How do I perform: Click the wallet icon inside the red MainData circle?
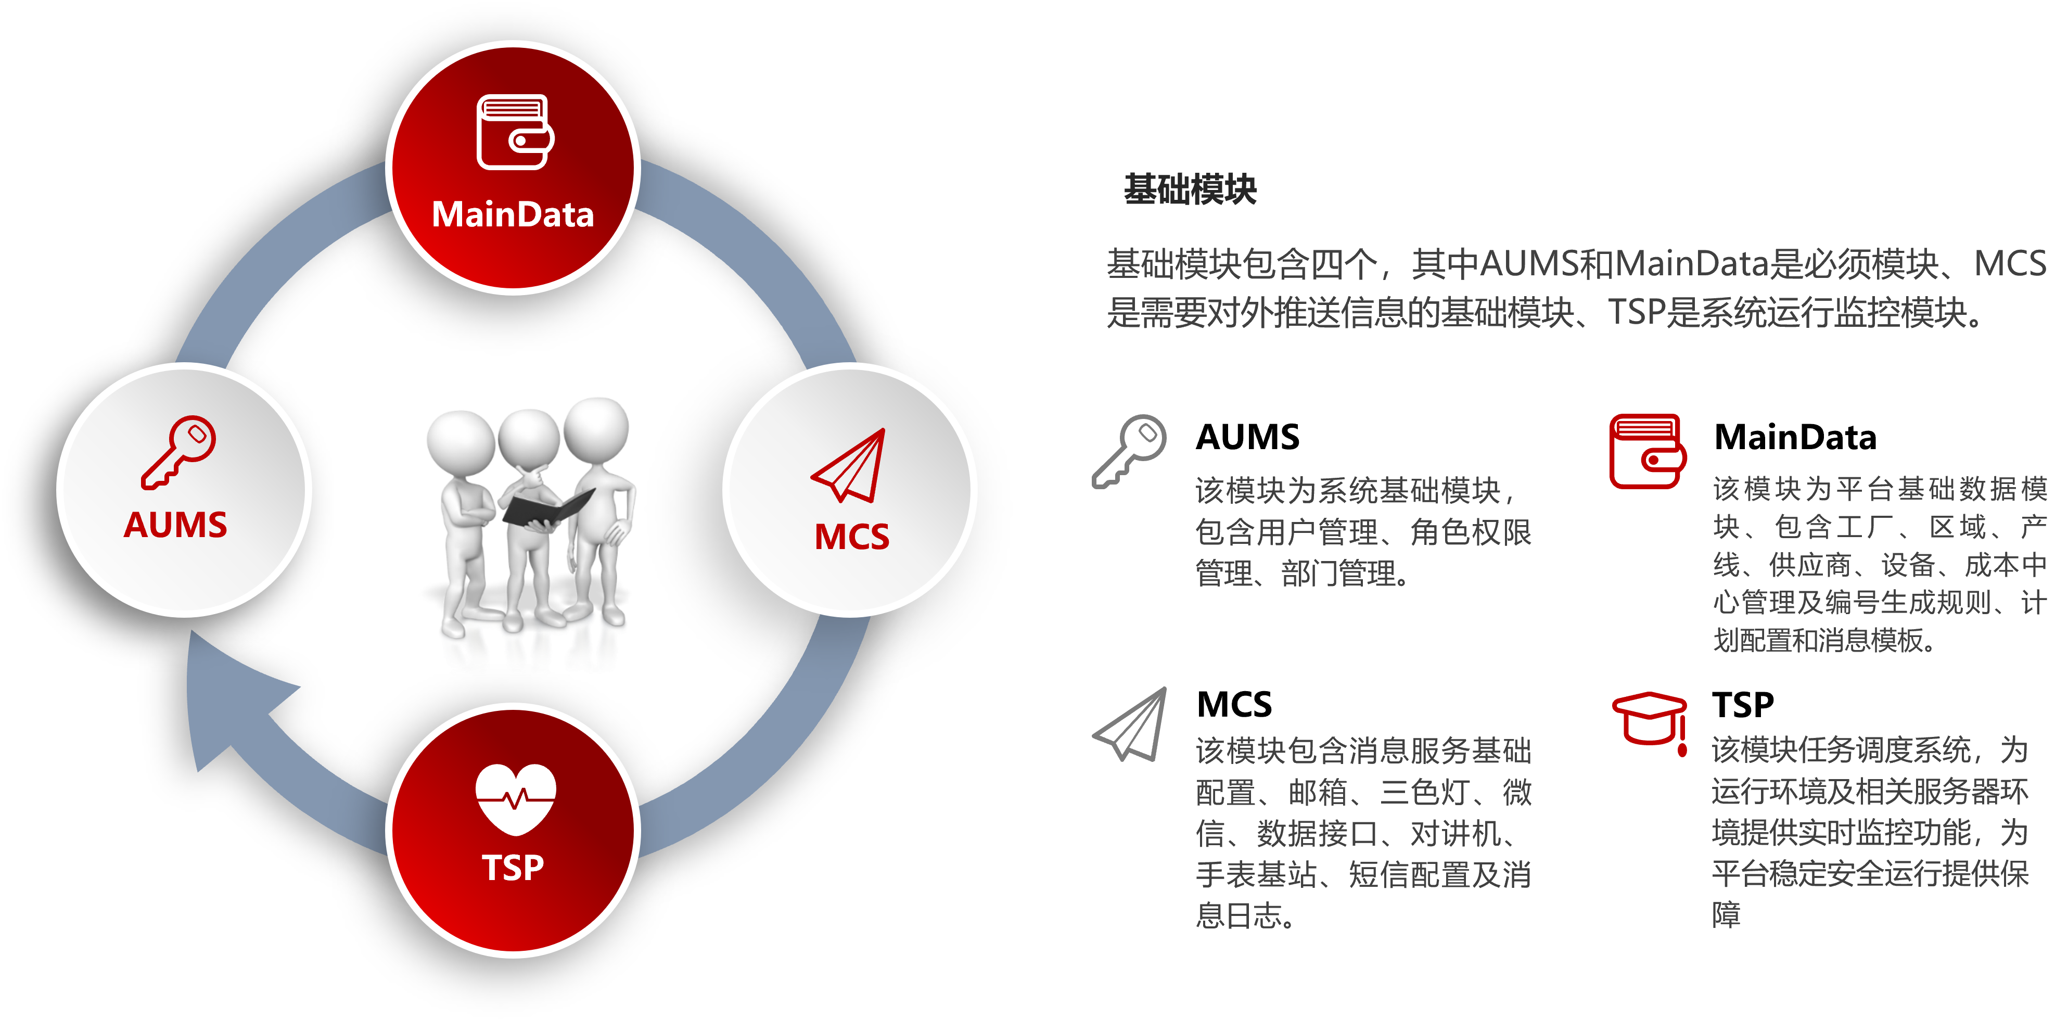point(515,133)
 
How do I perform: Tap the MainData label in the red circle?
point(513,214)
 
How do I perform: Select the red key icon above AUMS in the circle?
point(178,452)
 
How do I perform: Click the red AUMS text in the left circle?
point(176,525)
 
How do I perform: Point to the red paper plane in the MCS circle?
point(849,466)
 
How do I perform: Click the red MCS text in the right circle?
point(852,537)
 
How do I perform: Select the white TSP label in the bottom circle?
point(513,867)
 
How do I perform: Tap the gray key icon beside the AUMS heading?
point(1129,451)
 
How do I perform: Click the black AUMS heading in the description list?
point(1247,437)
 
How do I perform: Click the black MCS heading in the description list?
point(1234,704)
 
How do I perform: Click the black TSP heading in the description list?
point(1743,704)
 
